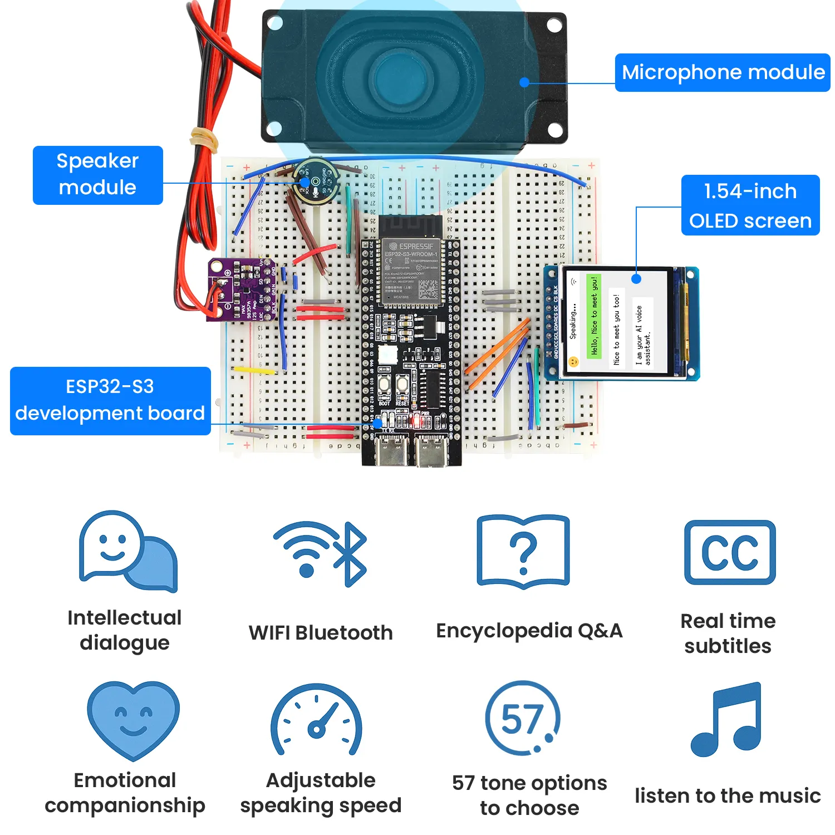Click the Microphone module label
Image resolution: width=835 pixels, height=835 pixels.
722,72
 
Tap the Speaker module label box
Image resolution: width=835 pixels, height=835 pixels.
97,175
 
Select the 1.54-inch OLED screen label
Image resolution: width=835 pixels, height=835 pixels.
750,205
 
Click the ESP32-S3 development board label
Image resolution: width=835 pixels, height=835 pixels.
110,400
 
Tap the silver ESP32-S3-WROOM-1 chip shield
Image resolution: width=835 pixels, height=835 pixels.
411,271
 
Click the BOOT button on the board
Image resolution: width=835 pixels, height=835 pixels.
384,384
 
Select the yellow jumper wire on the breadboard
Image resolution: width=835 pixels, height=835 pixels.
253,370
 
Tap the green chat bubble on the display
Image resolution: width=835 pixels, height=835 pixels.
594,316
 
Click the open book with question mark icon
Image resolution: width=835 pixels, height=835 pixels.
523,552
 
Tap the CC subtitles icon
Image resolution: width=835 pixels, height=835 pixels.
729,552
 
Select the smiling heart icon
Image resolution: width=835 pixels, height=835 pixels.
133,719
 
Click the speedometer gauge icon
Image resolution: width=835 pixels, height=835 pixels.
316,720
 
